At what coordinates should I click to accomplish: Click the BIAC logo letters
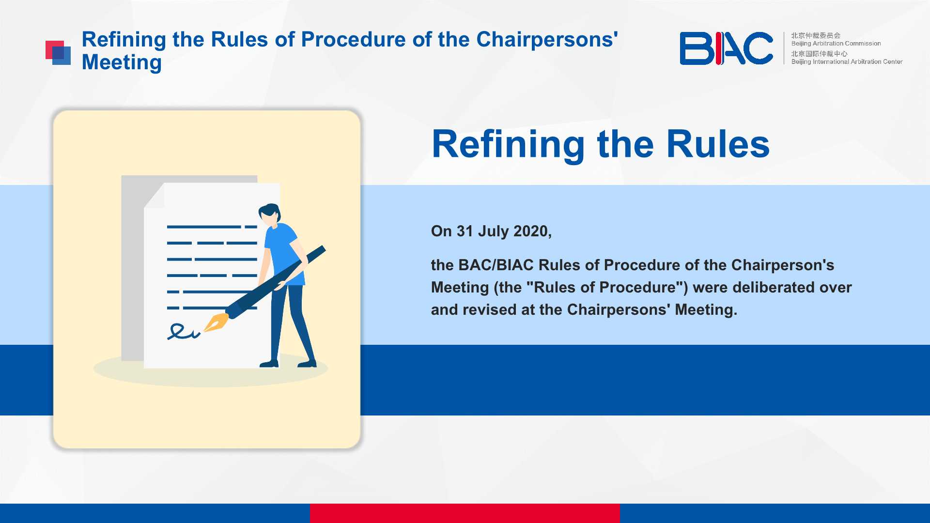(726, 48)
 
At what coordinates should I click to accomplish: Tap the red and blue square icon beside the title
(58, 53)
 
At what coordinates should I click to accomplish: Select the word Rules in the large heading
(718, 144)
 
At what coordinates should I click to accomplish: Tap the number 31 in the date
(465, 231)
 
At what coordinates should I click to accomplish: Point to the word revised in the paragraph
(490, 309)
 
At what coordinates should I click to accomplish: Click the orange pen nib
(216, 322)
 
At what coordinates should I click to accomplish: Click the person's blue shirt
(284, 254)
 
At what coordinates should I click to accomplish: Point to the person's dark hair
(270, 212)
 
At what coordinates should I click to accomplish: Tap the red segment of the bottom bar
(465, 513)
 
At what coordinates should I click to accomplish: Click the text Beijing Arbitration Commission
(836, 44)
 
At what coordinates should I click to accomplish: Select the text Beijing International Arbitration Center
(847, 62)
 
